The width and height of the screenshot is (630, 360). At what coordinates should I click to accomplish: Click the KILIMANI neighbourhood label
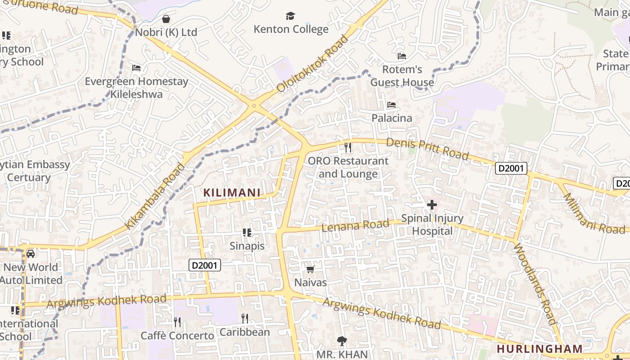pos(232,193)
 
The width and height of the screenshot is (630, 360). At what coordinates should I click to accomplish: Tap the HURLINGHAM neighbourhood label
pos(540,349)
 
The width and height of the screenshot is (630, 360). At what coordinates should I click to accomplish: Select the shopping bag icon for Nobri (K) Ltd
pos(166,19)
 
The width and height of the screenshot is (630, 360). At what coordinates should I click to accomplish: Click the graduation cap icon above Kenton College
pos(290,16)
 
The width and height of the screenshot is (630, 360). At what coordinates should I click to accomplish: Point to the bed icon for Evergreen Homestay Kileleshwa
pos(136,68)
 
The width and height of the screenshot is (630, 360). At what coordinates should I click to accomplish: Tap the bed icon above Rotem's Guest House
pos(402,56)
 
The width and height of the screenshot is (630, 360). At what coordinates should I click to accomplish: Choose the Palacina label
pos(391,118)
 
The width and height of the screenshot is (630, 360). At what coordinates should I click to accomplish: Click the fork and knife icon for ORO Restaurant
pos(347,147)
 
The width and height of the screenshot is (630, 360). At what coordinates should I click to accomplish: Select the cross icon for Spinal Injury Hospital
pos(432,205)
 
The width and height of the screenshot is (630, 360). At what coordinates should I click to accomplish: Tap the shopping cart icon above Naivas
pos(310,270)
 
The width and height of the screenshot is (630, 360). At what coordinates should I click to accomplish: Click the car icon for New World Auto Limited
pos(31,254)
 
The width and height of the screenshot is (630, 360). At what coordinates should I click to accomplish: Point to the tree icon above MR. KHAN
pos(342,341)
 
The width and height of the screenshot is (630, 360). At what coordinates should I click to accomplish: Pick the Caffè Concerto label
pos(177,336)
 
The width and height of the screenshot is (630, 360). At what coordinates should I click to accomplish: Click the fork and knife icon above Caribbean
pos(245,319)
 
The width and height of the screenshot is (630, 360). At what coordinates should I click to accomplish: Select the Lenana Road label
pos(355,225)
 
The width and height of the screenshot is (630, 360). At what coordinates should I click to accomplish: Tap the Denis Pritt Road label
pos(427,149)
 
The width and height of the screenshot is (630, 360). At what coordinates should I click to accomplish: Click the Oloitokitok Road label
pos(313,63)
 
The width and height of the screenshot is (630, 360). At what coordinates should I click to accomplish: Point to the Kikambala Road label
pos(155,196)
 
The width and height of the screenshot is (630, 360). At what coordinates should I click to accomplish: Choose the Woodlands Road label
pos(534,283)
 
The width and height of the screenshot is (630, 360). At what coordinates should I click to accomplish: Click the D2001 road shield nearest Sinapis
pos(204,265)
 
